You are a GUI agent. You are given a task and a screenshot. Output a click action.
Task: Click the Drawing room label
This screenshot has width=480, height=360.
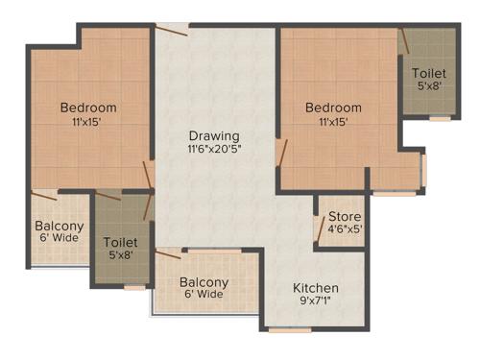point(213,135)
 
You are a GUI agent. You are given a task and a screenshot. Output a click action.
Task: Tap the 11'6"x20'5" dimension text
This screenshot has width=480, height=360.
point(213,150)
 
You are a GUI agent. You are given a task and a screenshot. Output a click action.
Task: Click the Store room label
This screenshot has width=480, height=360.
point(345,217)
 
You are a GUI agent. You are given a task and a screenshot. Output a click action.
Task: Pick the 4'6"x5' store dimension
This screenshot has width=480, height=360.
point(345,230)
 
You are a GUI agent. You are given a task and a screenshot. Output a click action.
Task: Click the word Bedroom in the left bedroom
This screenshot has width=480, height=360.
point(87,107)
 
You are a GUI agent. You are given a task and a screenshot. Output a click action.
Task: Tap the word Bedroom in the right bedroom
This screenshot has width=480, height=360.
point(333,108)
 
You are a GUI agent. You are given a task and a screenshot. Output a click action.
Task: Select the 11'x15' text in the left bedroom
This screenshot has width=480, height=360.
point(87,122)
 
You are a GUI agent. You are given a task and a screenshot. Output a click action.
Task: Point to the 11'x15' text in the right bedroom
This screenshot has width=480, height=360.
point(333,122)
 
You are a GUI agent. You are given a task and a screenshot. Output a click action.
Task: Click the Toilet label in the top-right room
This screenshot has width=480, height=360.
point(428,73)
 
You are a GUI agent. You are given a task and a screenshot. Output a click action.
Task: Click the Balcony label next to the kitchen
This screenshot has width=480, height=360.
point(204,282)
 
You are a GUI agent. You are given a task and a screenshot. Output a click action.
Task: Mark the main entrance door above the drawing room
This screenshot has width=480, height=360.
point(173,28)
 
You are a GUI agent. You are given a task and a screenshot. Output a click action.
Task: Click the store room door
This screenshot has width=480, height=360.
point(320,227)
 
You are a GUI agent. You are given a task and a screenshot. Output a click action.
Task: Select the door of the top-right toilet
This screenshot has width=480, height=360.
point(404,40)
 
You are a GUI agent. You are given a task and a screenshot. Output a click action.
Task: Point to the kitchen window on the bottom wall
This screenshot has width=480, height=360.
point(289,330)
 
